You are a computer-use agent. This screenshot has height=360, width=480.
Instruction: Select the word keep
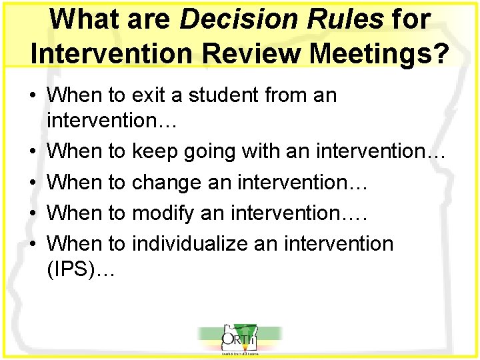154,152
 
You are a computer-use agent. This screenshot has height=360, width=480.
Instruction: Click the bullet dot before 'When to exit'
33,95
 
